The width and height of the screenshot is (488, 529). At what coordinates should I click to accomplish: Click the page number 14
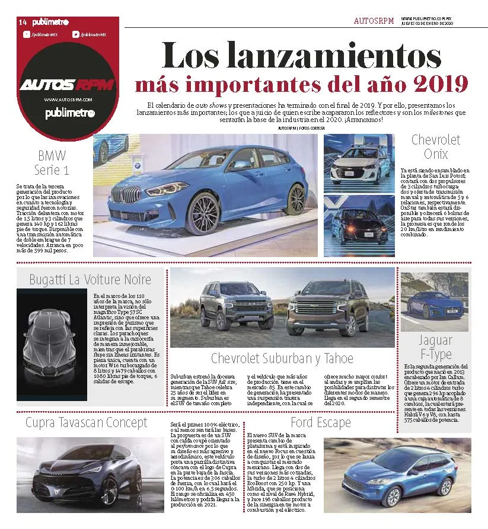pos(23,22)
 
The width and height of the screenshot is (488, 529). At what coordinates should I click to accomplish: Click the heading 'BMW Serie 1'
pos(52,163)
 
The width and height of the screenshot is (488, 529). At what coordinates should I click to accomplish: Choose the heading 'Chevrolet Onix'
pos(435,147)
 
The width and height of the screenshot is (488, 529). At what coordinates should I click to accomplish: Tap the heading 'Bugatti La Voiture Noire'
pos(90,280)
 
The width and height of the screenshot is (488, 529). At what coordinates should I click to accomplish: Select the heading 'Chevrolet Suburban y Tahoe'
pos(282,358)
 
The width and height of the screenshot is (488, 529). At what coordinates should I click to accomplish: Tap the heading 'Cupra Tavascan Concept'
pos(86,422)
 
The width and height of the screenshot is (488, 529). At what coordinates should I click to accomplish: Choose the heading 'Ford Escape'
pos(320,422)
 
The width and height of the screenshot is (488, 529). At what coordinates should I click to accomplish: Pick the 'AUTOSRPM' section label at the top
pos(374,21)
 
